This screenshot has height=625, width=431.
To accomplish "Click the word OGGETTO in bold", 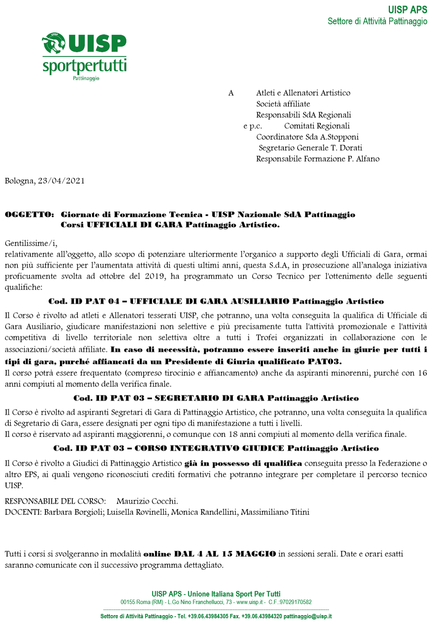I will pyautogui.click(x=29, y=215).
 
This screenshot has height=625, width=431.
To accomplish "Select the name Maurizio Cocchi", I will pyautogui.click(x=147, y=501).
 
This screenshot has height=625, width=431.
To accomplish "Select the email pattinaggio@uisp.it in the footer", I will pyautogui.click(x=307, y=616).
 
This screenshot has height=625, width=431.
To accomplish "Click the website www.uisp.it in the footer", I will pyautogui.click(x=249, y=602).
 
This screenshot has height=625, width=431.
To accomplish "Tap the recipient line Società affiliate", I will pyautogui.click(x=283, y=104).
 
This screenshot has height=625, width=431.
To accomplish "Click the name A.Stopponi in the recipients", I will pyautogui.click(x=339, y=137).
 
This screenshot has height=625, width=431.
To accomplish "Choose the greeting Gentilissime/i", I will pyautogui.click(x=31, y=243).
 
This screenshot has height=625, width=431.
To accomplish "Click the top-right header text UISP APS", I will pyautogui.click(x=407, y=10).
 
